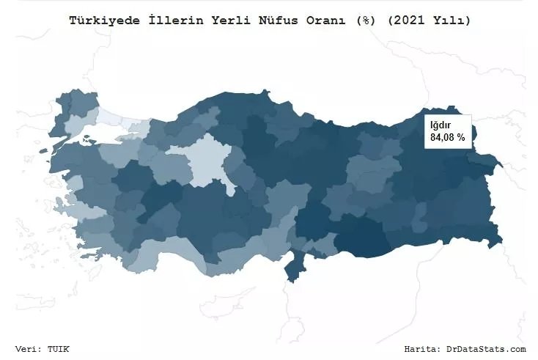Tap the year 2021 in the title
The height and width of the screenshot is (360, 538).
click(405, 21)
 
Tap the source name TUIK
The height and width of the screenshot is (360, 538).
click(60, 349)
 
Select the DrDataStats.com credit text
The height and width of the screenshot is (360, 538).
click(486, 349)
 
